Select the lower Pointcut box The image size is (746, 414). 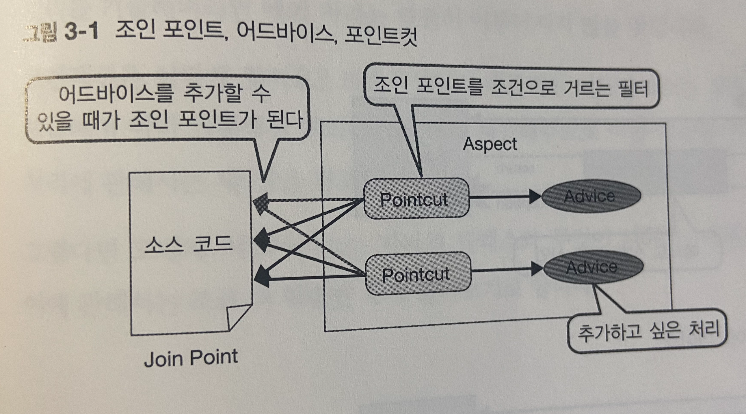click(417, 274)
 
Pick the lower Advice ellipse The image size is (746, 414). click(593, 267)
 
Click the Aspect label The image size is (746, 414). click(490, 144)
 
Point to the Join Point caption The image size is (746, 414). click(191, 358)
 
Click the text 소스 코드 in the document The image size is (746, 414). click(188, 245)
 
